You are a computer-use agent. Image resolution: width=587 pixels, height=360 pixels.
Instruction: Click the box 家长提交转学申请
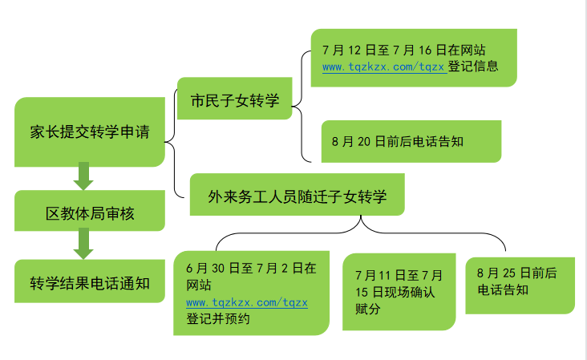pyautogui.click(x=89, y=132)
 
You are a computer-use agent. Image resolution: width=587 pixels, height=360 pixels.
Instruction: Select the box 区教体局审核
pyautogui.click(x=89, y=213)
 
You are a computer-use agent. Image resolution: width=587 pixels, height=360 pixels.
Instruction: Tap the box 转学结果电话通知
pyautogui.click(x=89, y=282)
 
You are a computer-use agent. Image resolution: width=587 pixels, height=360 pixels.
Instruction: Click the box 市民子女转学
pyautogui.click(x=234, y=99)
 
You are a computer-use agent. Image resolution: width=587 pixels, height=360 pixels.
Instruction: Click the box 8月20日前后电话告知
pyautogui.click(x=411, y=142)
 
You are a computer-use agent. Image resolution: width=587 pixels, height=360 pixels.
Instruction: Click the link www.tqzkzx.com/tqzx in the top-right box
pyautogui.click(x=383, y=67)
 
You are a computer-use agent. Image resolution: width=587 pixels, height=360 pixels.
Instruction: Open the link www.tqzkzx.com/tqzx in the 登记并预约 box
pyautogui.click(x=246, y=302)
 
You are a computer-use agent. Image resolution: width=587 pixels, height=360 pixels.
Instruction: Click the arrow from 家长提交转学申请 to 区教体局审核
pyautogui.click(x=83, y=177)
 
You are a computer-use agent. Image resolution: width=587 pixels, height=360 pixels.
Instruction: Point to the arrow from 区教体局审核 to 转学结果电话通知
pyautogui.click(x=83, y=242)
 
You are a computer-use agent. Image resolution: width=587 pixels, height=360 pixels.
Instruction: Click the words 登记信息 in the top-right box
pyautogui.click(x=473, y=67)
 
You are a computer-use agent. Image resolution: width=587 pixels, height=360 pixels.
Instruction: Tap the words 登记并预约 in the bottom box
pyautogui.click(x=218, y=318)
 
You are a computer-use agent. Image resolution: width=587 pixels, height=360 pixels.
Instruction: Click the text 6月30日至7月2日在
pyautogui.click(x=250, y=268)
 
